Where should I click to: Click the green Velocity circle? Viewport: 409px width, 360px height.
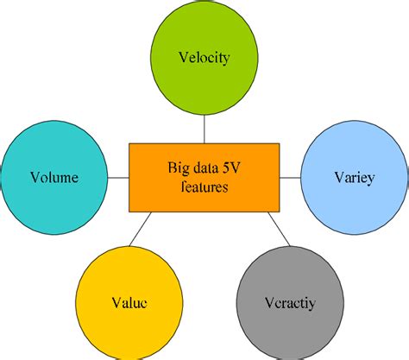pos(204,59)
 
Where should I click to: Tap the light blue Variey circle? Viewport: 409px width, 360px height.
pos(353,178)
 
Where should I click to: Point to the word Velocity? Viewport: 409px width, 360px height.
pos(204,59)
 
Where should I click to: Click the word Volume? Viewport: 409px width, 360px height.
pos(53,179)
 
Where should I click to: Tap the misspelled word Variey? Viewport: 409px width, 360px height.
pos(353,179)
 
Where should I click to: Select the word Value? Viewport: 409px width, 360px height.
pos(129,303)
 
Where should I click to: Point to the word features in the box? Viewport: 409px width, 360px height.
pos(204,186)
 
